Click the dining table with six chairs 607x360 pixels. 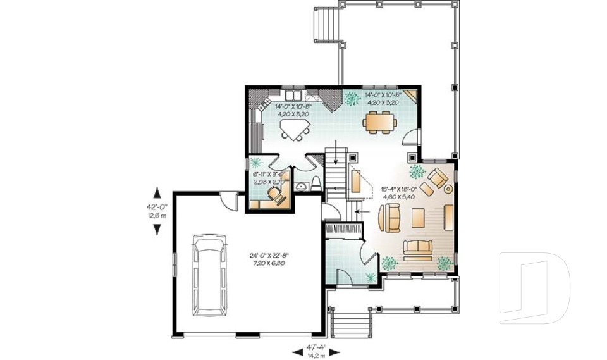tap(381, 121)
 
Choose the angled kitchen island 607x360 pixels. tap(294, 129)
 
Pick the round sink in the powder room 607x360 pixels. tap(301, 187)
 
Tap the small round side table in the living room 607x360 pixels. tap(449, 188)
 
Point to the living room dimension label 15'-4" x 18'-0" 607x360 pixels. tap(398, 192)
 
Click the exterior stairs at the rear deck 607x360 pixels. tap(326, 25)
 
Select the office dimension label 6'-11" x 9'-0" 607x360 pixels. tap(271, 177)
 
